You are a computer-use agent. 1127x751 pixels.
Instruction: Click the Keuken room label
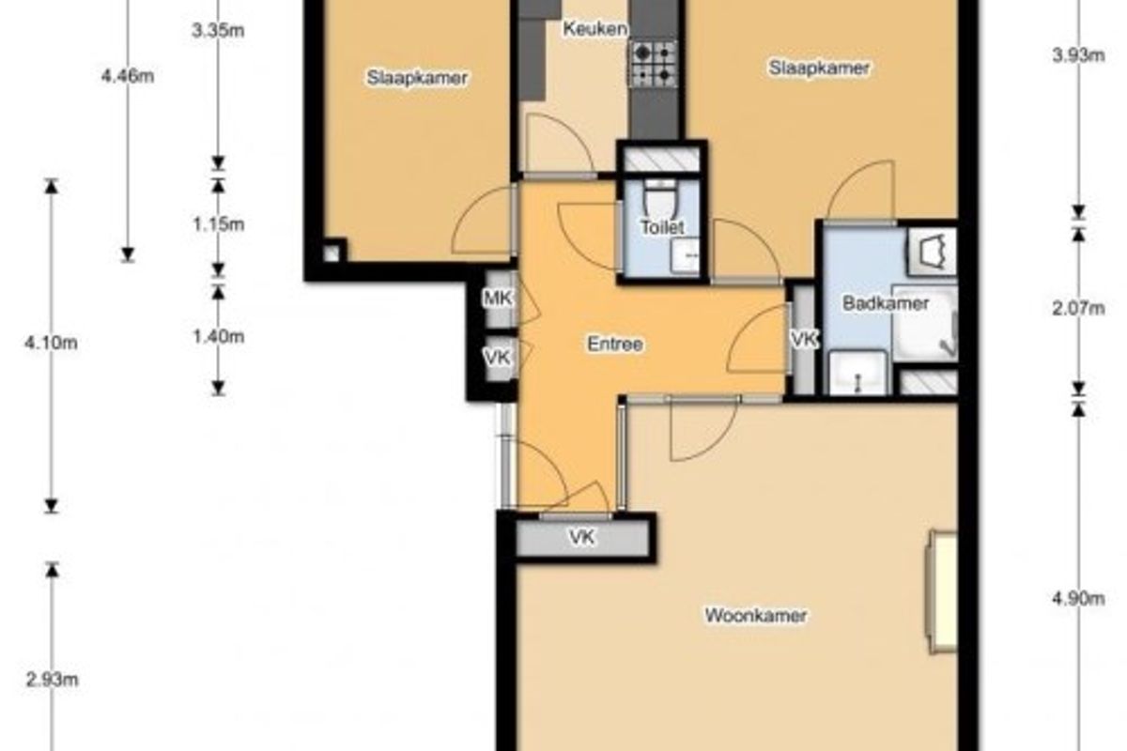[595, 29]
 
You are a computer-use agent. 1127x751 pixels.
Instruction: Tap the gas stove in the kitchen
[653, 64]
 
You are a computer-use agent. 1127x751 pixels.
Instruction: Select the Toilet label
[662, 227]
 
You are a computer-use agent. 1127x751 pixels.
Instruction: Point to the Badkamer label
[886, 303]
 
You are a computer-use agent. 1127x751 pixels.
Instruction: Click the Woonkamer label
[756, 615]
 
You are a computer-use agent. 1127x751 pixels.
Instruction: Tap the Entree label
[615, 345]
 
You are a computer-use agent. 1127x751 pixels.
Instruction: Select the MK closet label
[498, 299]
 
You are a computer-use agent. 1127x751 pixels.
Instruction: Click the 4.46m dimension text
[128, 76]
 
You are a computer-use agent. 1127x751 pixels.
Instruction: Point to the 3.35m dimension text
[218, 31]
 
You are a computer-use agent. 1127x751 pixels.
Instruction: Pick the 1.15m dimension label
[218, 223]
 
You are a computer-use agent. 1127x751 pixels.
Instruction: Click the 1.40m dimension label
[218, 336]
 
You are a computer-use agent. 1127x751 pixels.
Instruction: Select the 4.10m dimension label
[52, 343]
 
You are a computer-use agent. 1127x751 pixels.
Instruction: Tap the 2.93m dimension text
[52, 680]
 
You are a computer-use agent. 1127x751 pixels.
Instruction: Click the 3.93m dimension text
[1079, 54]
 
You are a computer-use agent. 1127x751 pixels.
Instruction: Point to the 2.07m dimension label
[1079, 308]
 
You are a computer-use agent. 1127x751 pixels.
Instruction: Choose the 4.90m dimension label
[1079, 599]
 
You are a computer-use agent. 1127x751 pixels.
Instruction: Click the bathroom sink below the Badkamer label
[857, 373]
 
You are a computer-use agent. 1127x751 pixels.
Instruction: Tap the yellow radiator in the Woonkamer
[941, 592]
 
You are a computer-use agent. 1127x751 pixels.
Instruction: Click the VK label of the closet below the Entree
[582, 537]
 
